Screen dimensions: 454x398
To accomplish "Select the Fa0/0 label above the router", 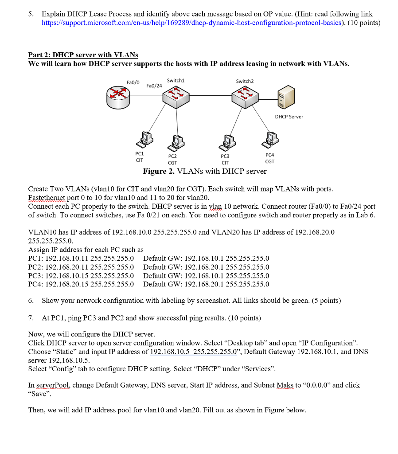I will point(133,82).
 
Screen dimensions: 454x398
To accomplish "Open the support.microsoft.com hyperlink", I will point(191,23).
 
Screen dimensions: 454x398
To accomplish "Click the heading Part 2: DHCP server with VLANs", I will point(83,55).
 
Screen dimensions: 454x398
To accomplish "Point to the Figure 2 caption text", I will point(205,172).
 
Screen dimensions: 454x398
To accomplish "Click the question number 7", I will point(31,318).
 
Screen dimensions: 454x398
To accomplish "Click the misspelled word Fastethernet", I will point(47,197).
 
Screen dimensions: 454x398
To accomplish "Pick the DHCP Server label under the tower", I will point(289,117).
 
